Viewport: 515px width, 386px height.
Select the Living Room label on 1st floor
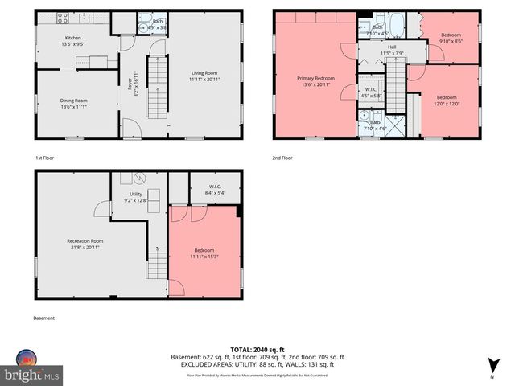click(204, 76)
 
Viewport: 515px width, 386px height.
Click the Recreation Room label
click(85, 244)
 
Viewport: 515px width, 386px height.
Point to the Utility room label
click(136, 198)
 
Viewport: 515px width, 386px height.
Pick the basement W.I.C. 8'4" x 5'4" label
click(214, 190)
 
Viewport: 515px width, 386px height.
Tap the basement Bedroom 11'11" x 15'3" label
click(204, 253)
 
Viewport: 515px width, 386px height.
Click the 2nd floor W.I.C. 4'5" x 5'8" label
click(371, 92)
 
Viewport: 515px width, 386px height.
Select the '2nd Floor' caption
click(284, 158)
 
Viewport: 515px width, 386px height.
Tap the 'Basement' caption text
click(44, 318)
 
